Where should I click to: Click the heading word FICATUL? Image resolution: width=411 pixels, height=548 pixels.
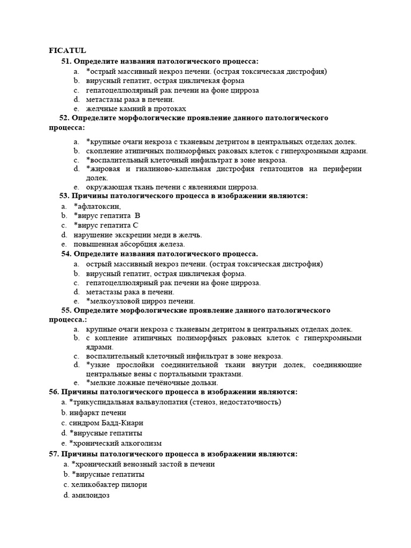67,51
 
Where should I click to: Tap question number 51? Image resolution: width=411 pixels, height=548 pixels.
66,62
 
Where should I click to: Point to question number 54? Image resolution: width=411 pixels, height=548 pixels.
66,254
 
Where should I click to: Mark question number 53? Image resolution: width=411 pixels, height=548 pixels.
64,196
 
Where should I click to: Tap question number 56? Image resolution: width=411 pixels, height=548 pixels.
54,392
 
